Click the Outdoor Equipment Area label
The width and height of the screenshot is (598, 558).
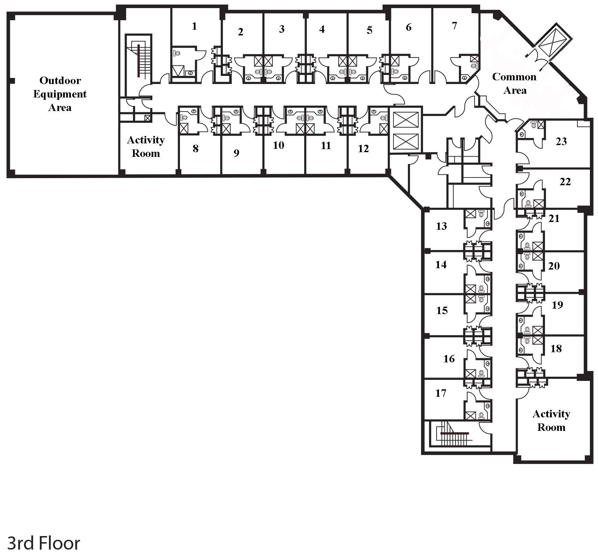pos(60,94)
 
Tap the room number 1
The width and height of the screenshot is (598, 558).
pos(194,26)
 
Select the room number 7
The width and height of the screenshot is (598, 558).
pos(454,26)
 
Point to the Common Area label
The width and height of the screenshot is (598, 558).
pos(514,83)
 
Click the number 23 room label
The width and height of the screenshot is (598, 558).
pos(561,141)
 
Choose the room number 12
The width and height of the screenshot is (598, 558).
pos(363,148)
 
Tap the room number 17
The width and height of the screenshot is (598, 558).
pos(441,393)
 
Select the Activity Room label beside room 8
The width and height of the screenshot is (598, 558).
pos(146,146)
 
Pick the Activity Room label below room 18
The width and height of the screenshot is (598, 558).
pos(551,420)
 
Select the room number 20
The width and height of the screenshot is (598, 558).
pos(554,266)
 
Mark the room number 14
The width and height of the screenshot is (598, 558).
pos(441,264)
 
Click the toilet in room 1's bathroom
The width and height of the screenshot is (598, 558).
pos(177,53)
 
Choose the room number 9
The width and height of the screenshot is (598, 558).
pos(236,153)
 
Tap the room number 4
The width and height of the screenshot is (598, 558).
pos(322,29)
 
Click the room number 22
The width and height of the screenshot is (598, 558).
pos(565,182)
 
